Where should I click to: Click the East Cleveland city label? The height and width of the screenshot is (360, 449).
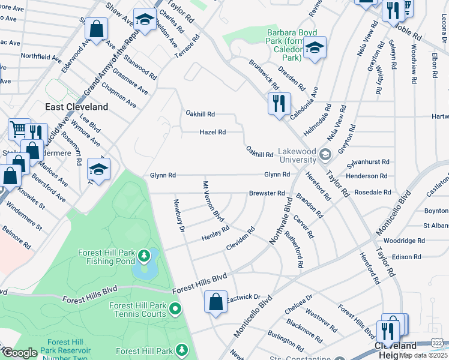click(x=77, y=107)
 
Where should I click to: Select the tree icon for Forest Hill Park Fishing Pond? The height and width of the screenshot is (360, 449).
click(x=143, y=257)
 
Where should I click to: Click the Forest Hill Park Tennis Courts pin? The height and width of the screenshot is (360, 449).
click(x=175, y=310)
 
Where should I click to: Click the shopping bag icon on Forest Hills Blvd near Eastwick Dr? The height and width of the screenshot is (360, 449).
click(x=215, y=302)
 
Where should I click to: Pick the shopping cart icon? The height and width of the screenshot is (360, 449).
click(x=19, y=129)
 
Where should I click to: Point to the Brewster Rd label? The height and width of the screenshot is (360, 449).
click(x=267, y=193)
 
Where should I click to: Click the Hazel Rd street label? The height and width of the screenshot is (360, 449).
click(x=212, y=132)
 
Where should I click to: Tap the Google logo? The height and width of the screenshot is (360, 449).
click(x=20, y=353)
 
